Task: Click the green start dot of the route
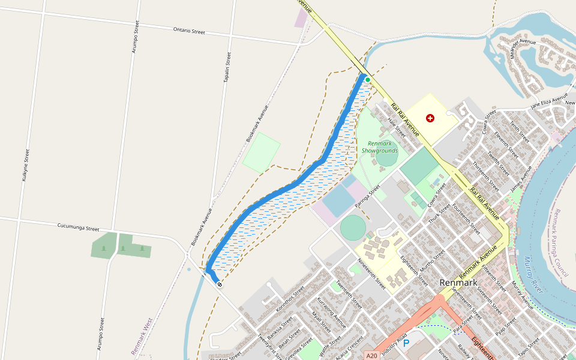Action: click(x=368, y=79)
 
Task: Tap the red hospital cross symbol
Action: click(x=430, y=118)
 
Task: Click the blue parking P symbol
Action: click(x=406, y=343)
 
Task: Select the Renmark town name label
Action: click(x=458, y=283)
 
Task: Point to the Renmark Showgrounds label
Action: click(x=380, y=147)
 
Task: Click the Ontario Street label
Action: click(x=189, y=30)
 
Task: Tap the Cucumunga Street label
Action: click(x=78, y=228)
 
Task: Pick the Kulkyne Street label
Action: click(x=25, y=165)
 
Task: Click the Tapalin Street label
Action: click(x=227, y=67)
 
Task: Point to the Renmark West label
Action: click(x=143, y=337)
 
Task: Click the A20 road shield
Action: click(x=372, y=356)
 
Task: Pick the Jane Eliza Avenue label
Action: click(x=548, y=101)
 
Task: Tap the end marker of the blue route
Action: click(x=220, y=284)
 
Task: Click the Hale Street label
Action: click(x=397, y=127)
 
